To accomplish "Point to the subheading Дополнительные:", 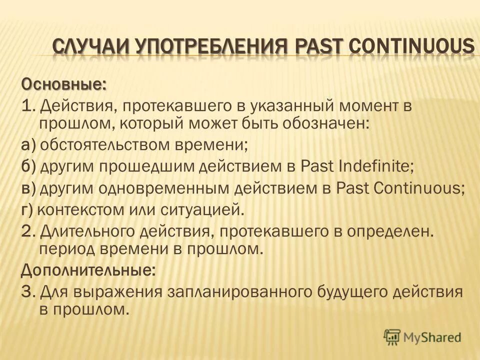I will click(88, 270).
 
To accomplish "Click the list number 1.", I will click(26, 105).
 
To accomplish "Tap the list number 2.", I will click(27, 231).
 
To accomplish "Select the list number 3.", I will click(27, 291).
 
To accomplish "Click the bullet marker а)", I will click(28, 145).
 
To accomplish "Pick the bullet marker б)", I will click(28, 166).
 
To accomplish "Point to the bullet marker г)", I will click(27, 209).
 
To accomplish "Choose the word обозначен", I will click(319, 123).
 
